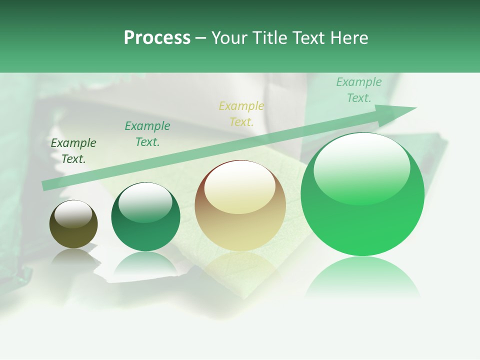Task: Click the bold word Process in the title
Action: point(157,38)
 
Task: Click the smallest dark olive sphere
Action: point(73,224)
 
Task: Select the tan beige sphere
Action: point(240,206)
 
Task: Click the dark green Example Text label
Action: point(73,151)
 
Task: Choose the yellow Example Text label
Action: point(241,114)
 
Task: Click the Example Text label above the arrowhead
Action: point(359,90)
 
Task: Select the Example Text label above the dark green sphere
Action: point(147,134)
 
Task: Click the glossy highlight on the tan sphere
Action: point(239,186)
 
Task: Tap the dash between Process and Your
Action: point(200,38)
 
